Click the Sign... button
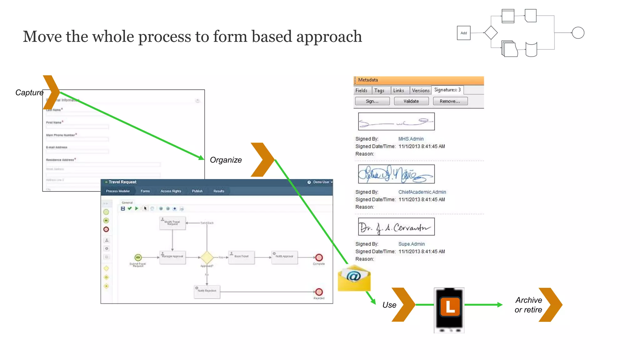[372, 101]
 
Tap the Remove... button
[450, 101]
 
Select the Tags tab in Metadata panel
[379, 90]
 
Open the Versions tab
[420, 90]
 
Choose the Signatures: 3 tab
[447, 90]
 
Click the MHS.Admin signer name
[411, 139]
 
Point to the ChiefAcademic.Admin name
[422, 192]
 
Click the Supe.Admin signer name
[411, 244]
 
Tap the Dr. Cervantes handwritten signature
[396, 227]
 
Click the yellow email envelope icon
[354, 278]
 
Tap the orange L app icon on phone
[450, 307]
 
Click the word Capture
[29, 92]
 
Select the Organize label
[226, 160]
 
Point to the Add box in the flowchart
[463, 33]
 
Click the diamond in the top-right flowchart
[491, 32]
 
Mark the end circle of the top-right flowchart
[578, 33]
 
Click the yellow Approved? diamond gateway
[207, 257]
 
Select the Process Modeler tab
[117, 191]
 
